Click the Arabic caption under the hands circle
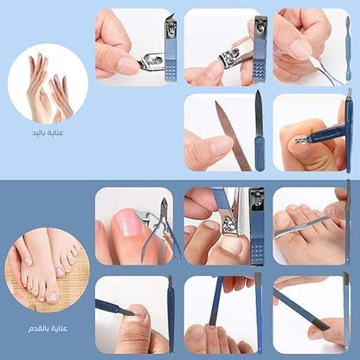[48, 133]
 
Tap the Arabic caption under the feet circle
[48, 329]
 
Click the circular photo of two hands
[48, 84]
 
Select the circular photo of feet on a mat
[48, 270]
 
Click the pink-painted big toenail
[126, 223]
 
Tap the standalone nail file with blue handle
[259, 130]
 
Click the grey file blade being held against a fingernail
[233, 136]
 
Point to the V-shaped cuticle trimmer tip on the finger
[300, 140]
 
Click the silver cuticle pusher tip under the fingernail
[315, 61]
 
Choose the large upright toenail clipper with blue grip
[257, 227]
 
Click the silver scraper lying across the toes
[301, 227]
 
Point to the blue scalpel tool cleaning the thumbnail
[115, 307]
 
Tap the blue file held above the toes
[216, 301]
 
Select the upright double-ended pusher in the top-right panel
[348, 48]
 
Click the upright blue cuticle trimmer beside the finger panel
[349, 132]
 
